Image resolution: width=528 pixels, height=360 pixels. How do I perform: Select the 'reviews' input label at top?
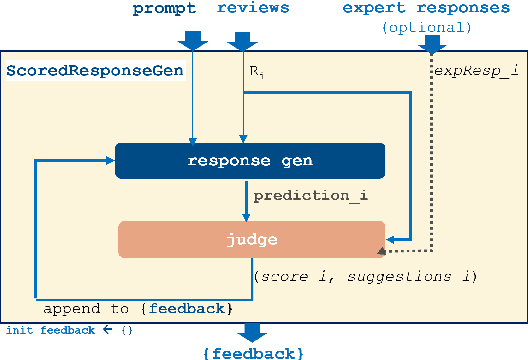point(253,9)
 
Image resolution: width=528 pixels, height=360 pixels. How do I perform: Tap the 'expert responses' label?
point(419,9)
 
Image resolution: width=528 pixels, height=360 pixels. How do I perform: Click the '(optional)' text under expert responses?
point(426,27)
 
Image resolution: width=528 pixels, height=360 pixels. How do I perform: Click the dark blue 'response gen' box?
point(250,160)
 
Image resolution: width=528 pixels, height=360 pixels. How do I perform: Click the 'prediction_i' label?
point(311,197)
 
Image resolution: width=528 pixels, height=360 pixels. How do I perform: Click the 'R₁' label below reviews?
point(255,72)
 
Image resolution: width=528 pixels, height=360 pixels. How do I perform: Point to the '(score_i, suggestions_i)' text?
point(364,275)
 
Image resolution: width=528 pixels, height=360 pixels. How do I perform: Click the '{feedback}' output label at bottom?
point(251,352)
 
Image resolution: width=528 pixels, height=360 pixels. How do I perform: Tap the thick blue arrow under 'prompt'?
point(193,40)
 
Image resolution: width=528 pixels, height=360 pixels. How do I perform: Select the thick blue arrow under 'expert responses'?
point(432,44)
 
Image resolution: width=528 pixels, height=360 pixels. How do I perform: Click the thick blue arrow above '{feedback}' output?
point(251,332)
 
